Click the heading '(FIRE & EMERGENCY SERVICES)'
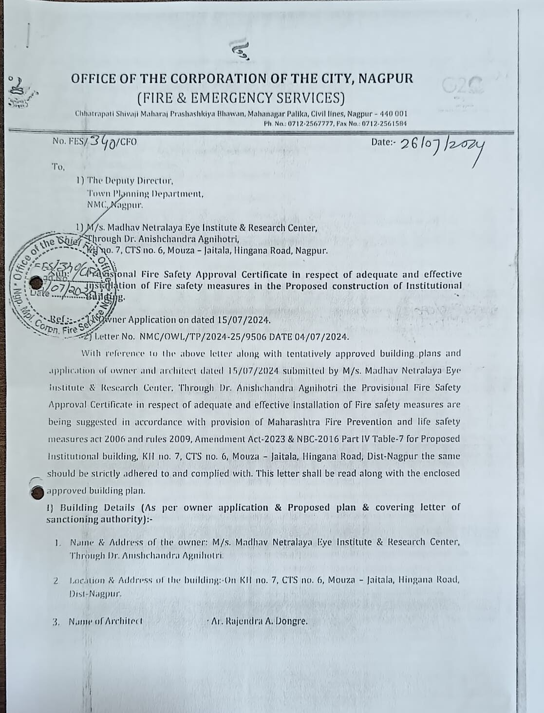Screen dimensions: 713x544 coord(241,98)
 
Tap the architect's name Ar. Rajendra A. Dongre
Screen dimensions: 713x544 coord(259,621)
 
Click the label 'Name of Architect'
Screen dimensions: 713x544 coord(106,621)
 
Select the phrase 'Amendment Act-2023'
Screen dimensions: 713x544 coord(228,439)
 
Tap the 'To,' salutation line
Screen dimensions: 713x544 coord(58,167)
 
